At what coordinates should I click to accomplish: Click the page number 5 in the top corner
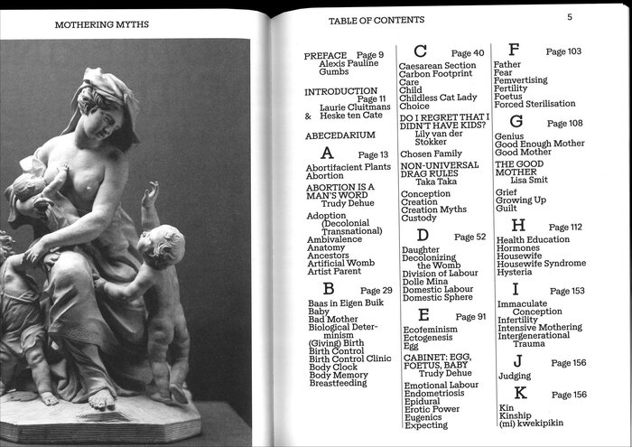(570, 16)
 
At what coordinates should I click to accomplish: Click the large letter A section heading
(327, 154)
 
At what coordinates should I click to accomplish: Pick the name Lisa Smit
(537, 180)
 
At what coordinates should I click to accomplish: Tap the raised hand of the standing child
(151, 192)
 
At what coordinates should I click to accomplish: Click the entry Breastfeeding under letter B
(338, 383)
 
